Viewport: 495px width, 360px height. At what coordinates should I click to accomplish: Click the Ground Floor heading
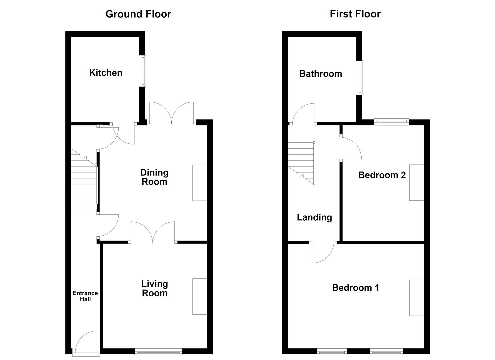(x=138, y=14)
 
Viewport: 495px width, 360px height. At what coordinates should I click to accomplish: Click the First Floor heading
(x=355, y=14)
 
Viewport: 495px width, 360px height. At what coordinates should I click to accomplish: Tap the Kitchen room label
(x=106, y=73)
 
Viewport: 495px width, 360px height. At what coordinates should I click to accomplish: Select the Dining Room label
(x=154, y=177)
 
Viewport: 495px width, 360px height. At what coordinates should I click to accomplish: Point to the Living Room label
(x=154, y=288)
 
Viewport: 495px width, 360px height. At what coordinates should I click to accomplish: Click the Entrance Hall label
(x=85, y=296)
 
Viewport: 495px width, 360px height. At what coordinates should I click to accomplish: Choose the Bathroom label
(x=320, y=74)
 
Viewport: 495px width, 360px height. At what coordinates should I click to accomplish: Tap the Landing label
(x=314, y=218)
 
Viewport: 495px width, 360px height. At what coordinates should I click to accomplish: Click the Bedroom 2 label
(x=382, y=175)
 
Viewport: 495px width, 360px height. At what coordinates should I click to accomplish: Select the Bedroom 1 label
(x=355, y=288)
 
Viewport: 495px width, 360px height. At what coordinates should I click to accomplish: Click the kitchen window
(x=143, y=71)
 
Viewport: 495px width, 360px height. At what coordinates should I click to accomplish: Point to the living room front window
(x=158, y=351)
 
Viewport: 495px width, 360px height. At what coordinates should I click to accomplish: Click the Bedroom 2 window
(x=391, y=121)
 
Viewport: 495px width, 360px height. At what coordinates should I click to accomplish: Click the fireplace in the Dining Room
(x=200, y=183)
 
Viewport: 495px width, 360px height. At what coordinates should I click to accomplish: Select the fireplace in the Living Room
(x=200, y=296)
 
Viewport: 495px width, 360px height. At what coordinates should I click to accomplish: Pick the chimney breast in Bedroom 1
(x=416, y=298)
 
